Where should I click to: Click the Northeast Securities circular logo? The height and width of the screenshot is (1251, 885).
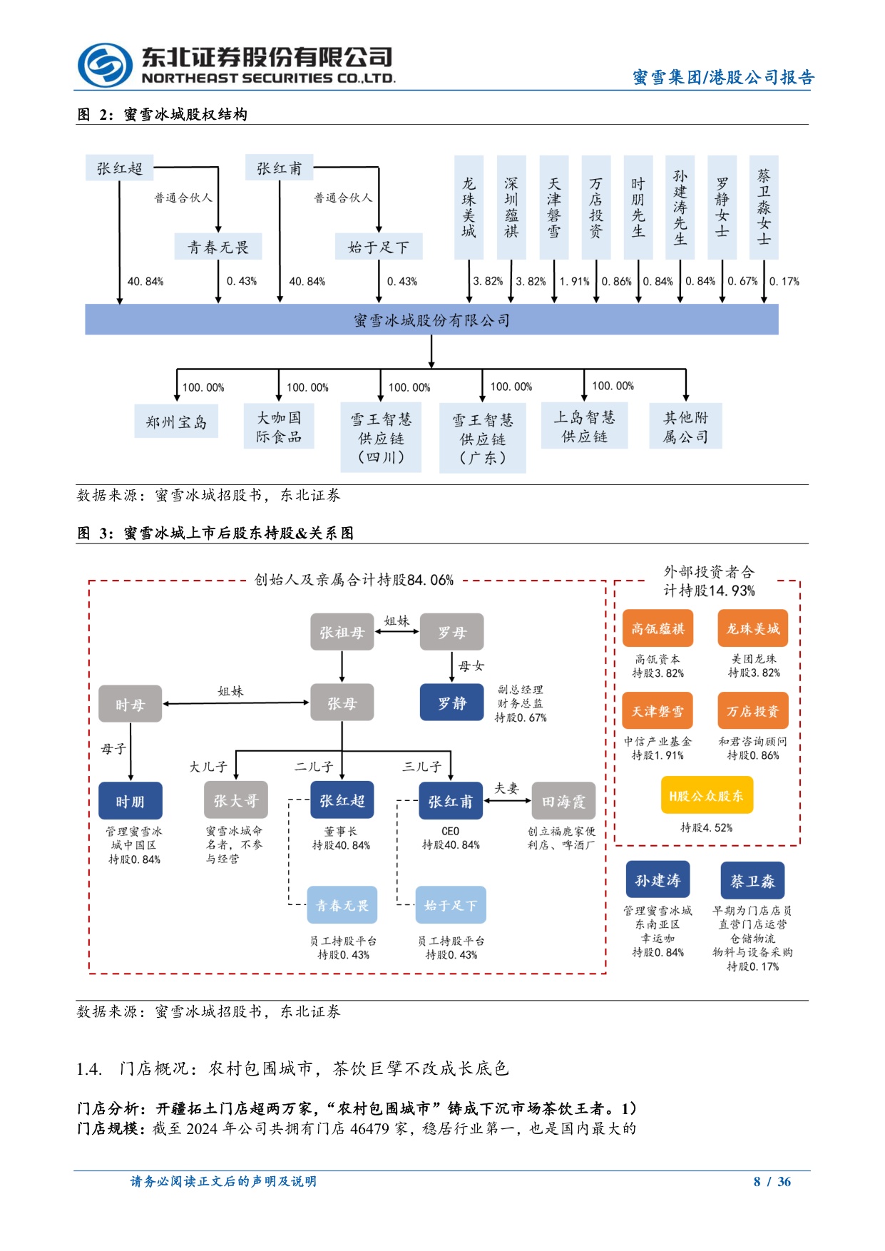(x=104, y=66)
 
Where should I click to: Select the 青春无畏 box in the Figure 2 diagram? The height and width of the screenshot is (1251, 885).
(x=218, y=247)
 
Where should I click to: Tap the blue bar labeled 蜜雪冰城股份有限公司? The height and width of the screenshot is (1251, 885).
(x=431, y=320)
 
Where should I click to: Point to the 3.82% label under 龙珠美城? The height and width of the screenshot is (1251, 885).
(x=488, y=282)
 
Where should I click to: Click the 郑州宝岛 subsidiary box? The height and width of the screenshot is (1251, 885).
(x=176, y=422)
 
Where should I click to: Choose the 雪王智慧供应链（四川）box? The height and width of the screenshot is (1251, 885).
(x=381, y=438)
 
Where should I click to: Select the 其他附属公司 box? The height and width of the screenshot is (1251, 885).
(x=685, y=427)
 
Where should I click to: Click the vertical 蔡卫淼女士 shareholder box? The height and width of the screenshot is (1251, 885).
(x=764, y=207)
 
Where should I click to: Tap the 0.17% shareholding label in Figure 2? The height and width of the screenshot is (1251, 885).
(x=784, y=282)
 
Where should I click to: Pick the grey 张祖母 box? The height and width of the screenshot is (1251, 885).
(x=342, y=632)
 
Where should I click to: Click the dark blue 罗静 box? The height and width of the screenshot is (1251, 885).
(x=451, y=703)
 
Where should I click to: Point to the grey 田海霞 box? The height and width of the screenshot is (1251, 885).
(x=563, y=802)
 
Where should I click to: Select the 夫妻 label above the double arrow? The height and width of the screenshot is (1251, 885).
(x=507, y=788)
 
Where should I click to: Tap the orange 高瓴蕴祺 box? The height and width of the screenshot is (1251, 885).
(x=658, y=628)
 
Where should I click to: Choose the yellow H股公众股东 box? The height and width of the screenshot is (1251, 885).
(x=706, y=796)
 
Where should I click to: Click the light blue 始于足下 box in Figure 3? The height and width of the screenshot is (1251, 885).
(x=451, y=905)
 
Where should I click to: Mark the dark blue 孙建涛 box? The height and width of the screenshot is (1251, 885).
(x=658, y=881)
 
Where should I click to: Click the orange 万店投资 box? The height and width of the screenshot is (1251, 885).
(x=752, y=710)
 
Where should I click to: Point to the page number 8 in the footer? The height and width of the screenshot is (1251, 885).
(x=757, y=1182)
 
